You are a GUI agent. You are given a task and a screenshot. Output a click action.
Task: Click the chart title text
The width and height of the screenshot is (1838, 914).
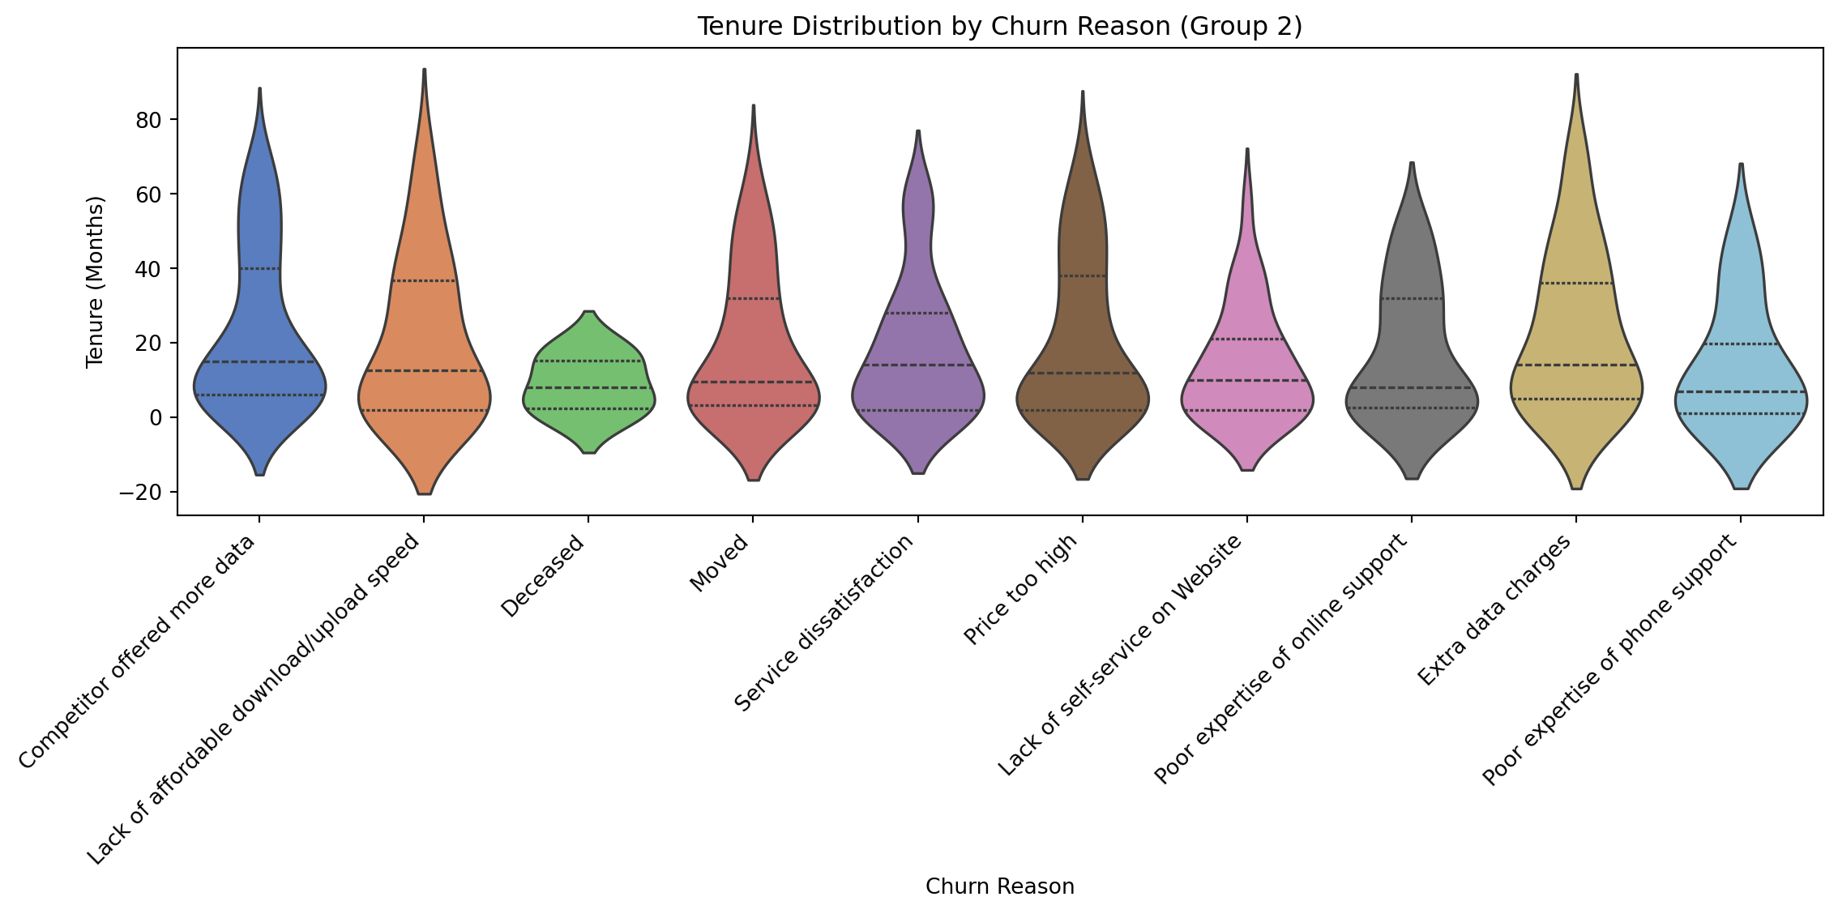pos(999,27)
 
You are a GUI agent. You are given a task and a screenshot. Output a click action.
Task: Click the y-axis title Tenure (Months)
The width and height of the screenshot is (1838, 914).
pos(96,281)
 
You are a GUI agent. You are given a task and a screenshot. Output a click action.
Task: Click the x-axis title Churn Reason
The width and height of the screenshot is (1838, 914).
pos(999,886)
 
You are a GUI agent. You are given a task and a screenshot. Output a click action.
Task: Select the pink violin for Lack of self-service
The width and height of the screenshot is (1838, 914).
pos(1247,365)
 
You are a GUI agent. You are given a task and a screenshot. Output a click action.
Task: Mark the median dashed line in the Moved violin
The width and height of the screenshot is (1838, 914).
pos(753,382)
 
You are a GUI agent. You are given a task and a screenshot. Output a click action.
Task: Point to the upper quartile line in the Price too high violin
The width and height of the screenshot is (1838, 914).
pos(1083,275)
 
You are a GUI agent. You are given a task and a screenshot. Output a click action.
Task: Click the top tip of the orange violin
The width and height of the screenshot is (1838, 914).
pos(424,71)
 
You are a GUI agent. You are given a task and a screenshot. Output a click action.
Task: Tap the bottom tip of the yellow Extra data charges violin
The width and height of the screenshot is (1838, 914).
pos(1576,488)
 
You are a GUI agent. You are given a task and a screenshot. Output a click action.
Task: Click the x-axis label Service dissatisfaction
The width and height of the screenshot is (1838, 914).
pos(826,624)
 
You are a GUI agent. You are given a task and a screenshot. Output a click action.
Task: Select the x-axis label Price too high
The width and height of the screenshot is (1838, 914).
pos(1023,590)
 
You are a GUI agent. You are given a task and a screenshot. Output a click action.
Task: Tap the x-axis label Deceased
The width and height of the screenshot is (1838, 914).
pos(544,577)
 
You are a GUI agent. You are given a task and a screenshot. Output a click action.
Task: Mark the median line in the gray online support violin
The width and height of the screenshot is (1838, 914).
pos(1412,387)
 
